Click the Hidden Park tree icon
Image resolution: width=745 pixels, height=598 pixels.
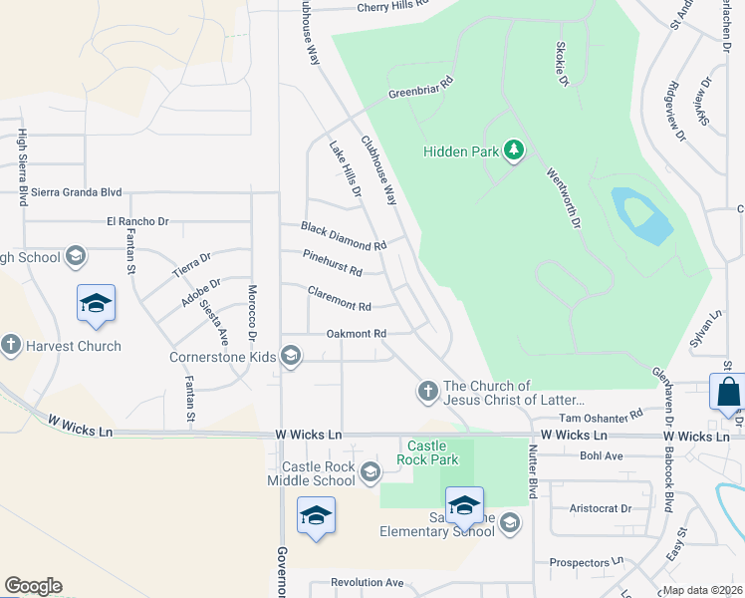pyautogui.click(x=514, y=150)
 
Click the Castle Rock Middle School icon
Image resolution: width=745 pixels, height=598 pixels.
pyautogui.click(x=371, y=471)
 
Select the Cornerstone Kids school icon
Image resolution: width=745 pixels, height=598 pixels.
pyautogui.click(x=291, y=356)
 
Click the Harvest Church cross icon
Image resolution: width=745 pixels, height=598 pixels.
pyautogui.click(x=11, y=346)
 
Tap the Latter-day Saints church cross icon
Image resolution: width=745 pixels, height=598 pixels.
pyautogui.click(x=427, y=391)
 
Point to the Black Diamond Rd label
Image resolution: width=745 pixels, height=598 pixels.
pyautogui.click(x=344, y=236)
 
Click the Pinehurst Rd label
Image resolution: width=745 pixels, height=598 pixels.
pyautogui.click(x=332, y=263)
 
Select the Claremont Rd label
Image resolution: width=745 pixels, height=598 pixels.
pyautogui.click(x=339, y=298)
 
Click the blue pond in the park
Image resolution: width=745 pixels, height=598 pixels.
pyautogui.click(x=637, y=216)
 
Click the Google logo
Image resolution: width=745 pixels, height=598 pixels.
pyautogui.click(x=33, y=586)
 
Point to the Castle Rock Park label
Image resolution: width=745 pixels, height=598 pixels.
pyautogui.click(x=431, y=452)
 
